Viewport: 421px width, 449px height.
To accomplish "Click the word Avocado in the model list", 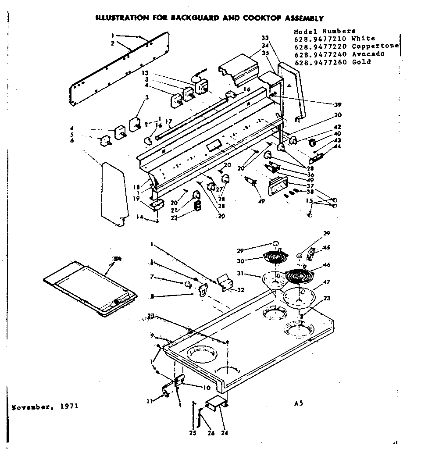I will point(368,54).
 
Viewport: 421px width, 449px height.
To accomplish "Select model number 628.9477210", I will point(320,38).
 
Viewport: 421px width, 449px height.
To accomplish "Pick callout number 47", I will point(327,282).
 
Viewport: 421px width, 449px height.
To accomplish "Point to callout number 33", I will point(264,38).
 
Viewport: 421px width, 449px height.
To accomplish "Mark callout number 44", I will point(337,146).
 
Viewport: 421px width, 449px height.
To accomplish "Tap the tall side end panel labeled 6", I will point(113,193).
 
